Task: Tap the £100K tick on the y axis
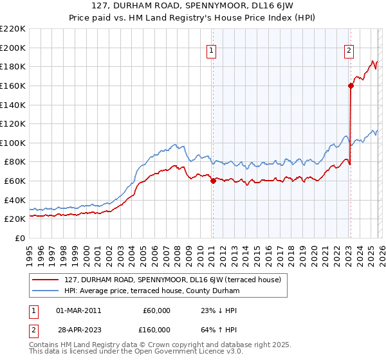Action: [x=13, y=143]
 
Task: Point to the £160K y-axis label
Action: [x=13, y=85]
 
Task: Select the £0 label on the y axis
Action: [x=19, y=238]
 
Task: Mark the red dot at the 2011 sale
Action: [x=213, y=181]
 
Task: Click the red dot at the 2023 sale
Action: [x=351, y=85]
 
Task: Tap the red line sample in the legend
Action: [x=45, y=280]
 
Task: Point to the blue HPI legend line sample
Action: [x=45, y=291]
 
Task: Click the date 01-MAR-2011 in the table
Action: [x=79, y=310]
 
